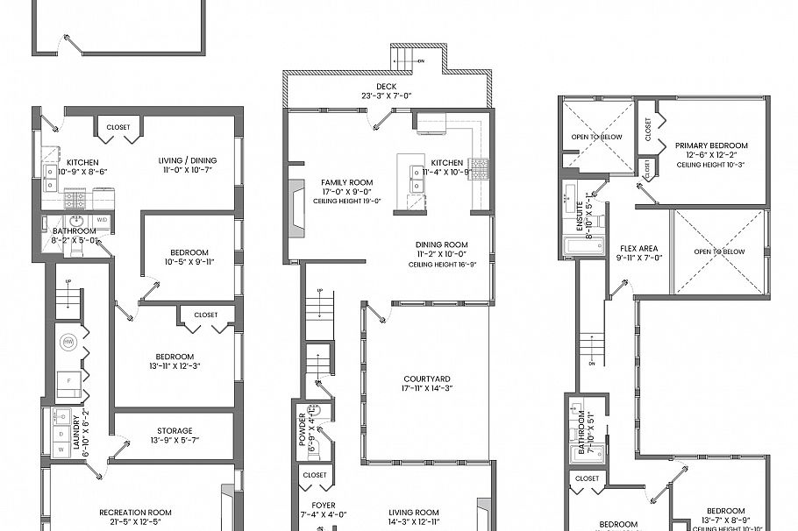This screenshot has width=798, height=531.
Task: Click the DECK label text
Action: coord(387,86)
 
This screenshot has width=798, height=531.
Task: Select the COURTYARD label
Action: coord(427,379)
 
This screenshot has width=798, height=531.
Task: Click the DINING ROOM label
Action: coord(442,244)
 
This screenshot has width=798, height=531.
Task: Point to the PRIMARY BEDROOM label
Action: coord(711,145)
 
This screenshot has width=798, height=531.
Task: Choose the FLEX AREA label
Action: coord(639,248)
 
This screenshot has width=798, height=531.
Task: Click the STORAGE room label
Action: coord(175,430)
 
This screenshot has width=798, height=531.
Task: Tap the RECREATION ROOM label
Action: coord(135,512)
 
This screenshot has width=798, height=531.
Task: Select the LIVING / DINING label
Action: coord(187,160)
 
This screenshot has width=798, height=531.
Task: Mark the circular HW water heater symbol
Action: coord(68,341)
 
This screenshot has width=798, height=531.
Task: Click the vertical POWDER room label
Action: coord(303,430)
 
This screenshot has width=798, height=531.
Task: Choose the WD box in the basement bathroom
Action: coord(102,219)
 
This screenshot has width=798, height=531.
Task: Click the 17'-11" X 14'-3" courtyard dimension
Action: coord(427,388)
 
